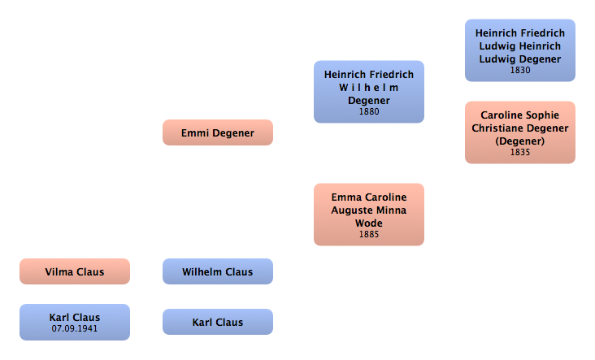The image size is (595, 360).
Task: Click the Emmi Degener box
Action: click(217, 132)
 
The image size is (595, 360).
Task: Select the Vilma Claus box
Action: click(74, 271)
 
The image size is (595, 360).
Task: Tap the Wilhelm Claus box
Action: click(217, 271)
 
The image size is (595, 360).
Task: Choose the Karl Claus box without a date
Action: click(217, 322)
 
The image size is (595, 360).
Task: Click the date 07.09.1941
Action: click(74, 328)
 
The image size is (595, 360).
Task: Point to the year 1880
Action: click(369, 111)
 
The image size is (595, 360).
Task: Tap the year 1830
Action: click(520, 70)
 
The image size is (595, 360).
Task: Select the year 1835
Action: click(520, 152)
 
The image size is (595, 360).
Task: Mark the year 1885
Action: click(369, 234)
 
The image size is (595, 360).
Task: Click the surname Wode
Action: click(369, 223)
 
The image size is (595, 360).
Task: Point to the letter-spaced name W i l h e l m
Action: click(369, 88)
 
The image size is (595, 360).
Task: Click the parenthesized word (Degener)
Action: click(520, 141)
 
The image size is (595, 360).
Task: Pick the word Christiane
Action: click(494, 128)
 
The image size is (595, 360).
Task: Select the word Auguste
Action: click(354, 210)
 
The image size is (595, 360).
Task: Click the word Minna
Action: click(393, 210)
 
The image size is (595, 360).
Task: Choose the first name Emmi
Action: click(195, 132)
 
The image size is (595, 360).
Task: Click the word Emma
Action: click(345, 197)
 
